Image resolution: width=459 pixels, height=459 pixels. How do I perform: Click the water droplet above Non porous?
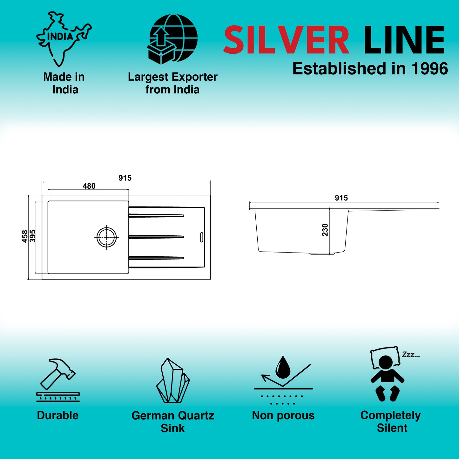tap(283, 367)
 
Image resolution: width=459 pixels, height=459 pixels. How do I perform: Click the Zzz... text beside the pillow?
tap(411, 355)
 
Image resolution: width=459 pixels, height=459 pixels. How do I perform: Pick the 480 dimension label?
tap(89, 186)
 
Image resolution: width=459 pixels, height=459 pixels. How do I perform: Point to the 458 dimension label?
tap(24, 237)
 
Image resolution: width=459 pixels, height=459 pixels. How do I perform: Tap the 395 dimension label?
tap(33, 236)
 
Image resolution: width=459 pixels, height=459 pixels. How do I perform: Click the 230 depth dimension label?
tap(325, 230)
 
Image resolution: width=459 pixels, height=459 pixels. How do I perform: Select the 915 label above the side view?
tap(341, 198)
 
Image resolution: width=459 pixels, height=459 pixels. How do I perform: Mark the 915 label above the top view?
tap(125, 178)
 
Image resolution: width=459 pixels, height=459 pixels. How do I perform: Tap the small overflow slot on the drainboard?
tap(202, 237)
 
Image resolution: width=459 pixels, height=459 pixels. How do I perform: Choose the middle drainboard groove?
tap(156, 237)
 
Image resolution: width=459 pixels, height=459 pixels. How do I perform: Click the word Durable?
tap(57, 415)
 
